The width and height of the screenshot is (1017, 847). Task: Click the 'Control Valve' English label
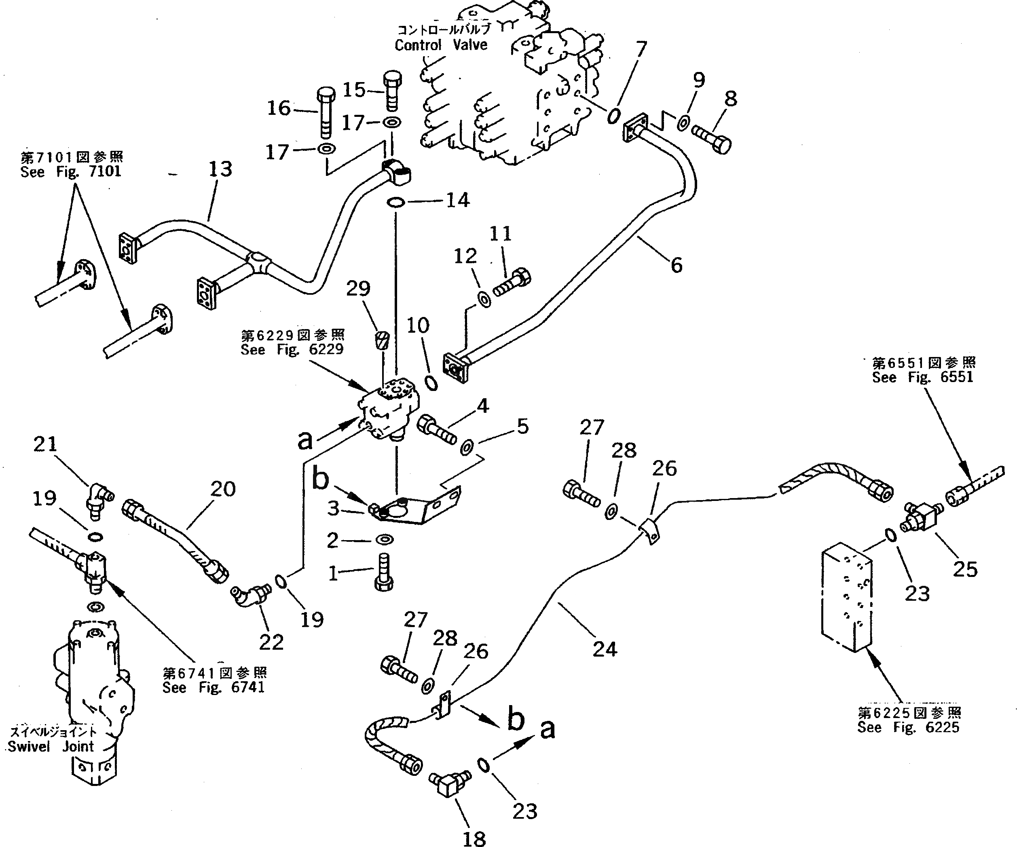tap(441, 45)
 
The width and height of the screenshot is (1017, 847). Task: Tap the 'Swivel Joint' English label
tap(51, 746)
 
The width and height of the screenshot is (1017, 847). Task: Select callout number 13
tap(220, 169)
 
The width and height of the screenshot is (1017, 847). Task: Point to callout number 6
tap(676, 265)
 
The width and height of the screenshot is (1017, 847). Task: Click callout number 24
tap(605, 649)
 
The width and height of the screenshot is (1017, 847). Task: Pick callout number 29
tap(358, 289)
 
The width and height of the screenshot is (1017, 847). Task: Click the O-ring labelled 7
tap(613, 116)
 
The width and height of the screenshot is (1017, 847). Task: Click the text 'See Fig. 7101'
tap(71, 172)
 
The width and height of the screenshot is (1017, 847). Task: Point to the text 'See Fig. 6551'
tap(922, 377)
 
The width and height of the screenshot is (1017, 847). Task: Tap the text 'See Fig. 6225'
tap(908, 727)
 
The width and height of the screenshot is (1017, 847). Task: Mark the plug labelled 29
tap(382, 341)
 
